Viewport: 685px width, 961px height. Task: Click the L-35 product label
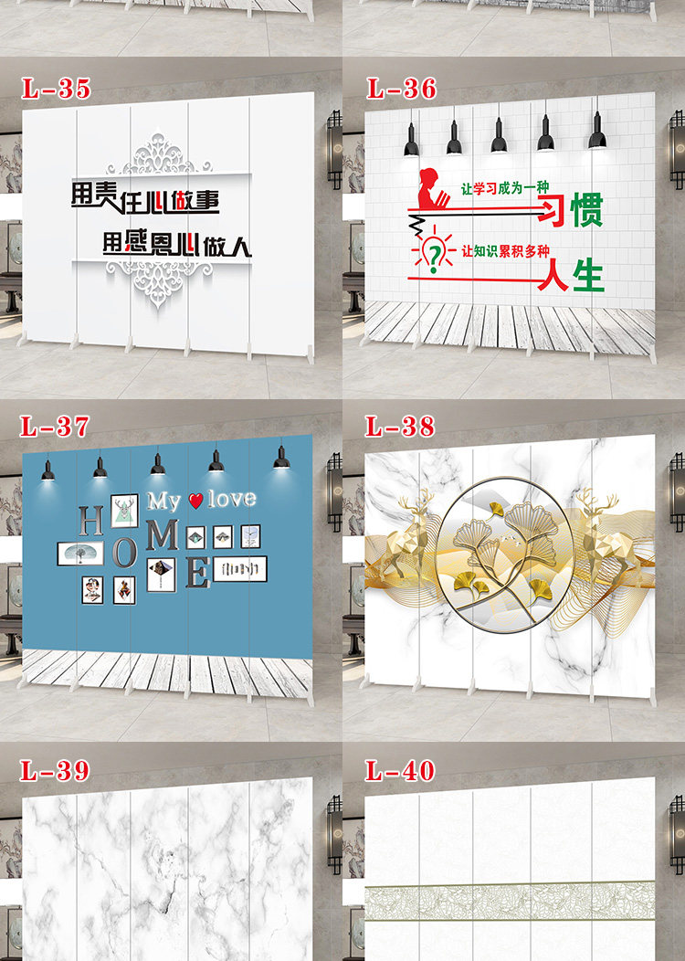coord(56,89)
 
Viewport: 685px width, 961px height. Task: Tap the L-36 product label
coord(401,89)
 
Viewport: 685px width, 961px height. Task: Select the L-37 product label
coord(56,426)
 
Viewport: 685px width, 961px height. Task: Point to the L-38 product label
coord(401,426)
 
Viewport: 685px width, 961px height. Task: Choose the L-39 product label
coord(56,770)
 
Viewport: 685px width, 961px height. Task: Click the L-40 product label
coord(401,770)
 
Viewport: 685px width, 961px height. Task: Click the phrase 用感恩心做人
coord(176,244)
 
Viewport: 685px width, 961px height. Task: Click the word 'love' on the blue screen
coord(232,500)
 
